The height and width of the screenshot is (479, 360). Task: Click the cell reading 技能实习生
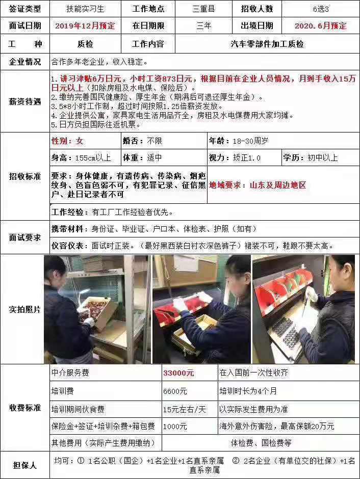(x=85, y=9)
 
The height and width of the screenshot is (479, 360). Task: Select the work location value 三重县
(x=203, y=9)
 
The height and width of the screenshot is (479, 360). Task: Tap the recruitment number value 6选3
(x=320, y=9)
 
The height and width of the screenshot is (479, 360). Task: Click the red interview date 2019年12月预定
(x=85, y=25)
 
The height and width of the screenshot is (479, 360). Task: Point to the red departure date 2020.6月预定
(x=320, y=25)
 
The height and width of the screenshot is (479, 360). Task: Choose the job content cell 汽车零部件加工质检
(x=267, y=44)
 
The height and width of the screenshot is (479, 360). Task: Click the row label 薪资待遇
(x=25, y=101)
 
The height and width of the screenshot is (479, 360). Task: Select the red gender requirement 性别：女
(x=67, y=141)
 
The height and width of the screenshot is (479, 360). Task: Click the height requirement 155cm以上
(x=82, y=157)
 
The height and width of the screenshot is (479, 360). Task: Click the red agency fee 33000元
(x=178, y=373)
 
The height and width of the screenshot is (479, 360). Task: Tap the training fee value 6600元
(x=175, y=391)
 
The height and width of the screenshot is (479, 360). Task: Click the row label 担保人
(x=25, y=465)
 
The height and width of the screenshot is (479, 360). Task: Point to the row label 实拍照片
(x=25, y=309)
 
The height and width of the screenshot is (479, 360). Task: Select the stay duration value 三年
(x=203, y=25)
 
